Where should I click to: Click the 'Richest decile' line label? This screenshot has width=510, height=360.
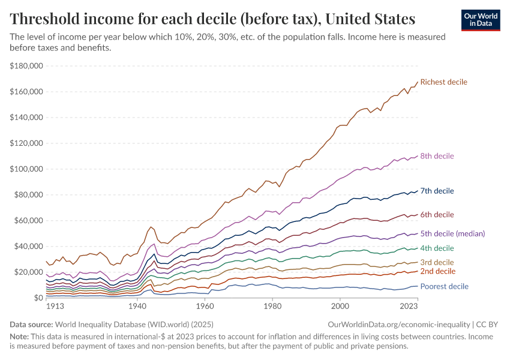point(443,82)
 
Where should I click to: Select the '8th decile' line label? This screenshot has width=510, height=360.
point(437,156)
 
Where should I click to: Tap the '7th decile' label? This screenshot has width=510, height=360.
point(437,191)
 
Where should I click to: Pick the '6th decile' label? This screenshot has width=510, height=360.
point(437,215)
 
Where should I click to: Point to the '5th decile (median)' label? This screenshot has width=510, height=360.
point(452,233)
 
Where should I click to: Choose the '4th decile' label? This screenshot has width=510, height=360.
point(437,248)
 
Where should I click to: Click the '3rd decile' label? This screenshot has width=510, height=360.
point(437,262)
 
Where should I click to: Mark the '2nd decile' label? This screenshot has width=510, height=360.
point(437,271)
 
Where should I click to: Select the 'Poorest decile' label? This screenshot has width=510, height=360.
point(444,286)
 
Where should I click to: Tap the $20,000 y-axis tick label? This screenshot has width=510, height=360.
point(29,272)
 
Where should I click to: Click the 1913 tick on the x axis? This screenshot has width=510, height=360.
point(55,306)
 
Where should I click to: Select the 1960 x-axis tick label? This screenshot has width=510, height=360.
point(205,306)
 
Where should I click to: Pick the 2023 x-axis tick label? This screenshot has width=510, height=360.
point(409,306)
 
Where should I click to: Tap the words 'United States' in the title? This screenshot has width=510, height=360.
point(367,19)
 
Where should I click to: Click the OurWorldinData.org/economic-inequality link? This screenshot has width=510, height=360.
point(398,324)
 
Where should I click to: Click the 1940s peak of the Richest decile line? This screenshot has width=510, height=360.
point(151,227)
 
